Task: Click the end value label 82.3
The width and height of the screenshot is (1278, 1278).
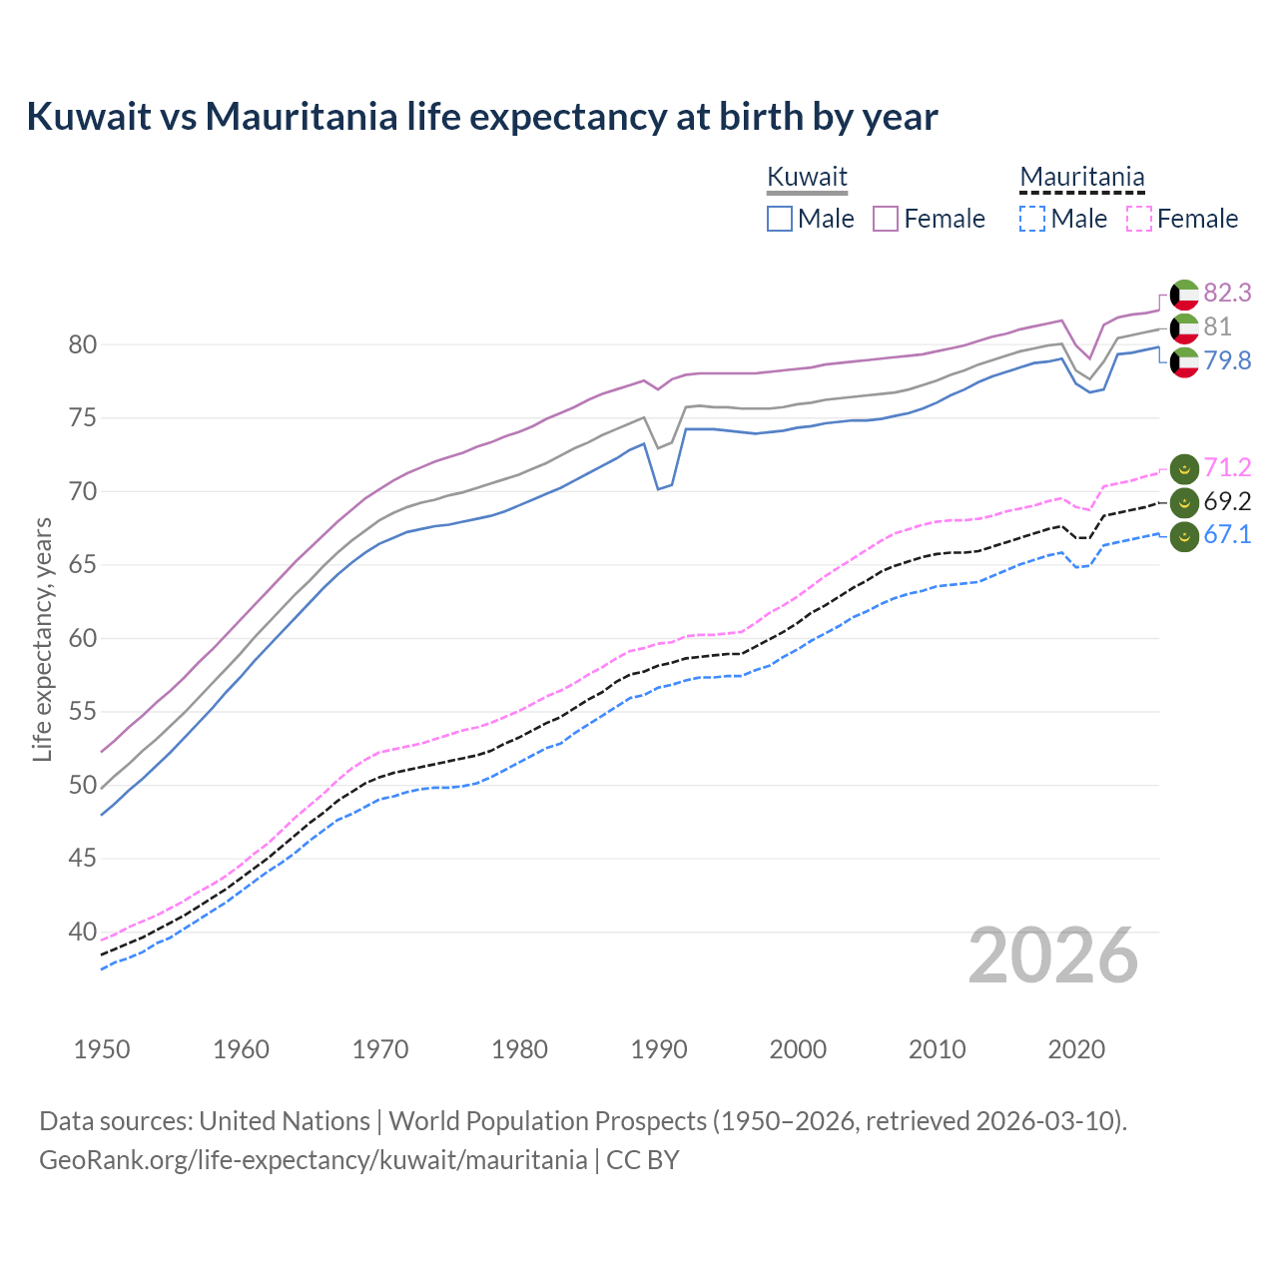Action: pyautogui.click(x=1227, y=293)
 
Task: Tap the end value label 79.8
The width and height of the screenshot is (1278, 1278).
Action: pyautogui.click(x=1227, y=360)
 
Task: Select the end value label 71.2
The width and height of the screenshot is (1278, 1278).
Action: pyautogui.click(x=1227, y=467)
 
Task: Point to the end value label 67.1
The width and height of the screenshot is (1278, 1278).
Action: pyautogui.click(x=1227, y=534)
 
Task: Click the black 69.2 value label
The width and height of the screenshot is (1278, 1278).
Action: pyautogui.click(x=1227, y=501)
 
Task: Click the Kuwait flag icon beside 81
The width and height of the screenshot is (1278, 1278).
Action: pyautogui.click(x=1184, y=327)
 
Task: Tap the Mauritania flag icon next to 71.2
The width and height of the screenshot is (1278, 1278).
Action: pyautogui.click(x=1184, y=468)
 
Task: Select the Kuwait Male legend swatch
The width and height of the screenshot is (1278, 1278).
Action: pyautogui.click(x=780, y=219)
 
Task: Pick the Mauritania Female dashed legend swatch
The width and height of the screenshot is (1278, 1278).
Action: pyautogui.click(x=1139, y=219)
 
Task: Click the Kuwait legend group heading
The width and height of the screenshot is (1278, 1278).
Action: pyautogui.click(x=807, y=177)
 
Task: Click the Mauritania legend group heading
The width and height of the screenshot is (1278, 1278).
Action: pyautogui.click(x=1081, y=177)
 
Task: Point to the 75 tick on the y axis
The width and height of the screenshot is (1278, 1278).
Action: pyautogui.click(x=82, y=418)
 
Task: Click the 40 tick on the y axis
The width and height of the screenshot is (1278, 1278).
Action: pyautogui.click(x=82, y=932)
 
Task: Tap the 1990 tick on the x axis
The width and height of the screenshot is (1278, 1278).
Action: pyautogui.click(x=659, y=1049)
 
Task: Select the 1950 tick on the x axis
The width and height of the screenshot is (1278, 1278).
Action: pyautogui.click(x=102, y=1049)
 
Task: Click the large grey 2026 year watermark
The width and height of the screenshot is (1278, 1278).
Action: pyautogui.click(x=1053, y=956)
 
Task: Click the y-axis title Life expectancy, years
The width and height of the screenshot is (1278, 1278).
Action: pyautogui.click(x=42, y=639)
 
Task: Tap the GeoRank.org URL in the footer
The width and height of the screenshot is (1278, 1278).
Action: pyautogui.click(x=313, y=1159)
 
